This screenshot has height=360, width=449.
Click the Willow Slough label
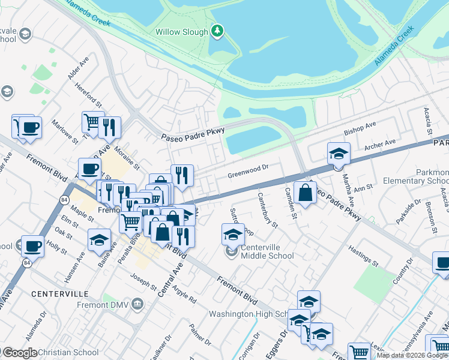point(181,32)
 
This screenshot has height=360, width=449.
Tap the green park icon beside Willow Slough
point(217,31)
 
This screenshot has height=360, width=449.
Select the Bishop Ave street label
point(360,127)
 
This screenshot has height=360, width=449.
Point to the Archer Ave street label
point(381,144)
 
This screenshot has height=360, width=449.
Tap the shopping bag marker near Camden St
point(306,193)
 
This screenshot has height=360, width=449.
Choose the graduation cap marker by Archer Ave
point(339,154)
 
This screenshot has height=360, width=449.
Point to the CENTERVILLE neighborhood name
point(60,294)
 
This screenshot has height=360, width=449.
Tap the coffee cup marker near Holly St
point(33,246)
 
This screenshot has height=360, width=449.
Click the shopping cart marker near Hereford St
point(92,122)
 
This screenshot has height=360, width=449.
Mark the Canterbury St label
point(268,210)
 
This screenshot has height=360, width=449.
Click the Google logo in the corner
point(19,353)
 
